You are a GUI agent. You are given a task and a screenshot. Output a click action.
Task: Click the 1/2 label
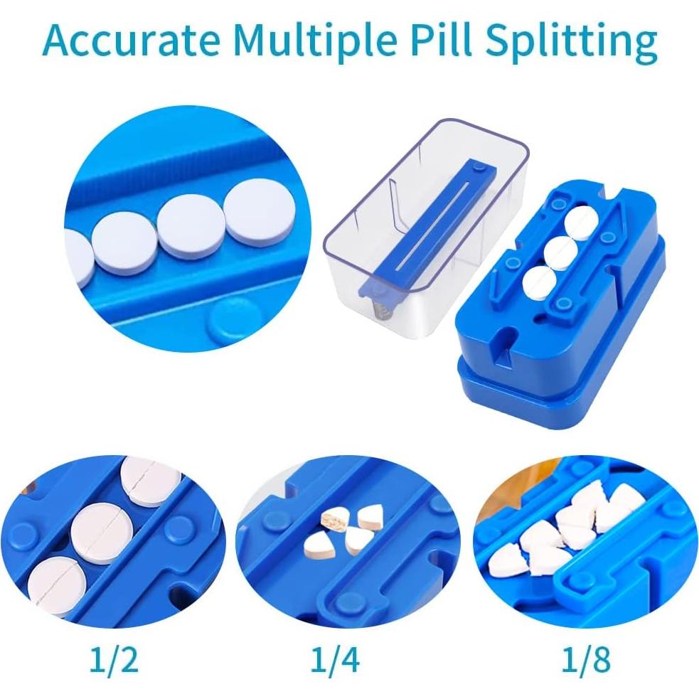[x=114, y=661]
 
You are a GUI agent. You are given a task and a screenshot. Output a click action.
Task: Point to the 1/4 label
[x=335, y=661]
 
